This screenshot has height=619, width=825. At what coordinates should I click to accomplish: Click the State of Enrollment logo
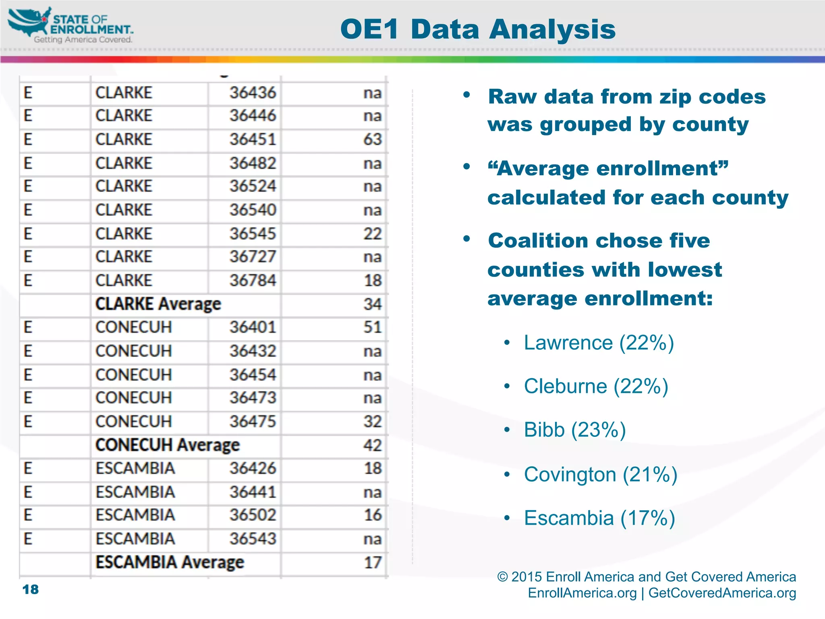coord(70,25)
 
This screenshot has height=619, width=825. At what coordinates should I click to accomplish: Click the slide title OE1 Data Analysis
coord(478,29)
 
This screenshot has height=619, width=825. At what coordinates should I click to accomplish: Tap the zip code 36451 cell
coord(253,139)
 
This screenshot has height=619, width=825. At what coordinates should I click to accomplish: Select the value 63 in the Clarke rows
coord(372,139)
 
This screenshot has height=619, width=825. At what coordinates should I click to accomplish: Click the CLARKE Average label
coord(158,304)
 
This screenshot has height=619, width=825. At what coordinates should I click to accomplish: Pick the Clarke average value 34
coord(372,304)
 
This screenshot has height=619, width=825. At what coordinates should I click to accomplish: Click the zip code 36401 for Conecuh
coord(253,327)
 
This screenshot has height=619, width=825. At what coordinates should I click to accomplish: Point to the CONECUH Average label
coord(167,445)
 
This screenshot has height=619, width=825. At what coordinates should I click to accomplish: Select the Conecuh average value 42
coord(372,445)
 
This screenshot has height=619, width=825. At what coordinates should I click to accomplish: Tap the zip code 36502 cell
coord(253,515)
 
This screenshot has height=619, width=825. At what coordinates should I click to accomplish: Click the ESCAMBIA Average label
coord(170,562)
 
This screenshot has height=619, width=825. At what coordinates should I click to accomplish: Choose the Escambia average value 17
coord(372,562)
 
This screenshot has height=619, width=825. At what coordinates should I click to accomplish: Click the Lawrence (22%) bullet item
coord(599,343)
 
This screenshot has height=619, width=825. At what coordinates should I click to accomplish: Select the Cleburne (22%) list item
coord(596,386)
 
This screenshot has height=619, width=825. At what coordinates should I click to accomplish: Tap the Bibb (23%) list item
coord(574,430)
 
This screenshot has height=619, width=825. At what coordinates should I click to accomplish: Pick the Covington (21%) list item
coord(600,474)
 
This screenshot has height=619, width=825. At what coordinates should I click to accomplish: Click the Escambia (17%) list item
coord(599,518)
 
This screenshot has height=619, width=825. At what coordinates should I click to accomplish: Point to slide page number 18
coord(31,590)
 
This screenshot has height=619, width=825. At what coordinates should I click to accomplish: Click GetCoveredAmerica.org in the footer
coord(722,593)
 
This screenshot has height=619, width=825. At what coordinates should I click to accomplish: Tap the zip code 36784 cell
coord(253,280)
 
